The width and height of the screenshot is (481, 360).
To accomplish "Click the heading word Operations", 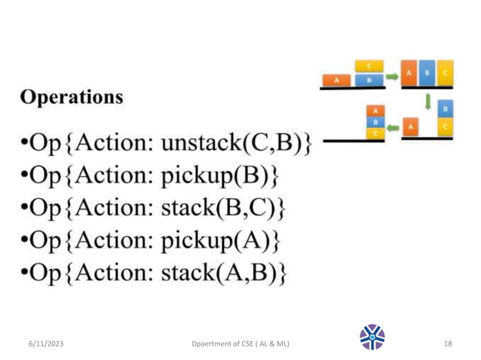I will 72,98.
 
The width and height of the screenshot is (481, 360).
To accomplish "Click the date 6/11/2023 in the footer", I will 42,343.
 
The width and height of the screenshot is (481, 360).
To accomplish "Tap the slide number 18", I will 448,343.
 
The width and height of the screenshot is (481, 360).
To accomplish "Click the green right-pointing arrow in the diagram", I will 392,75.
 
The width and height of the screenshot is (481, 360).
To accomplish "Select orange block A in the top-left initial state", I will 336,79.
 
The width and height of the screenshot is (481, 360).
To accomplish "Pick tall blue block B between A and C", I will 427,73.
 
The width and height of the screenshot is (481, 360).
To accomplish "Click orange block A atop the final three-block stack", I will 373,110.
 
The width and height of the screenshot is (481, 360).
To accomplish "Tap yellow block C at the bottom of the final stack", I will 373,133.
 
